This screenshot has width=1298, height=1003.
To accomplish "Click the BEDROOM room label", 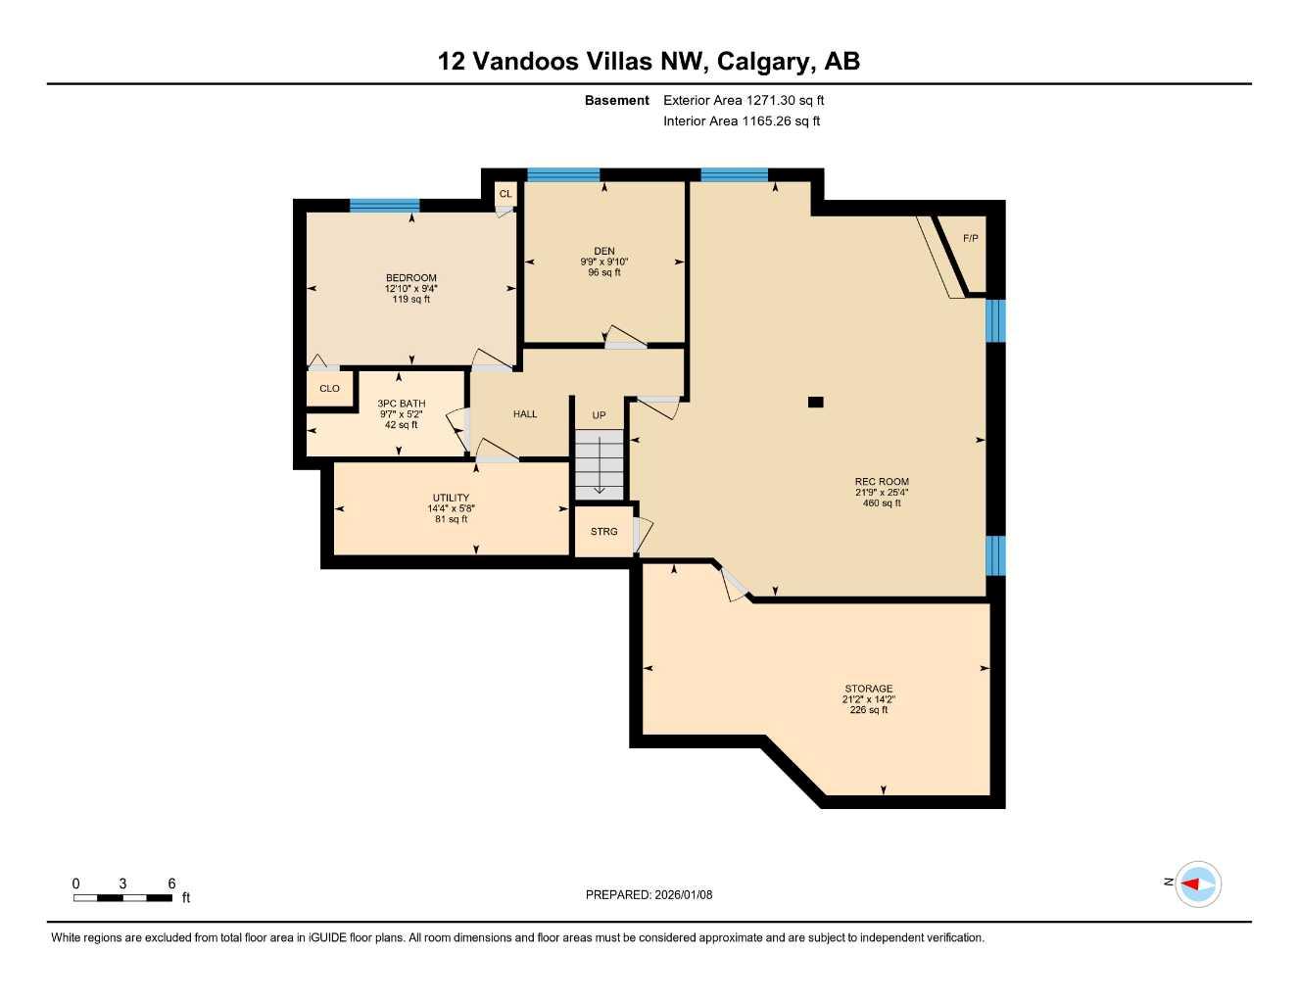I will (x=410, y=278).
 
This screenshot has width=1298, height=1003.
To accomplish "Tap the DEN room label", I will (x=603, y=252).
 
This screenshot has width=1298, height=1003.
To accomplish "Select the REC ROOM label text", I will (x=882, y=482).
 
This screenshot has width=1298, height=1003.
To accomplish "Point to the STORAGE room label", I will (x=868, y=690).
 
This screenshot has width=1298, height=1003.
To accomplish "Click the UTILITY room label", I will (x=451, y=498).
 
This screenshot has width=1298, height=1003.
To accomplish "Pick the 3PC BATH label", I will (x=401, y=404).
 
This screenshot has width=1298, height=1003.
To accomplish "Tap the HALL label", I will (x=525, y=414).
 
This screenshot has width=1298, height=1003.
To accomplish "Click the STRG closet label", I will (x=603, y=532).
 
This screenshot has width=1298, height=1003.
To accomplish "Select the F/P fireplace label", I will (x=970, y=239).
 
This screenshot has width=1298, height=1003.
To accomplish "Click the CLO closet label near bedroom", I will (x=329, y=389).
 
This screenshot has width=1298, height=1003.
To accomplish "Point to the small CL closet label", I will (x=505, y=194).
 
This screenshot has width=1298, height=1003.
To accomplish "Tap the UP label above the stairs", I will (x=599, y=415).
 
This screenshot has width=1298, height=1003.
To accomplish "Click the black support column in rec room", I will (x=815, y=402).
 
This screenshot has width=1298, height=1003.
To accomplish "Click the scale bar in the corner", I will (x=122, y=897).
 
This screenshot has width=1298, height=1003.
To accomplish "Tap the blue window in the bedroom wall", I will (x=384, y=205).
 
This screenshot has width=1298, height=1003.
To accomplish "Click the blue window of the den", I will (x=563, y=175).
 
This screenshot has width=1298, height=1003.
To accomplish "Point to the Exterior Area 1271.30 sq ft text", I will (x=744, y=100).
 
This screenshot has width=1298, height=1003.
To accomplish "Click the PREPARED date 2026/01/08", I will (x=649, y=894).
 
